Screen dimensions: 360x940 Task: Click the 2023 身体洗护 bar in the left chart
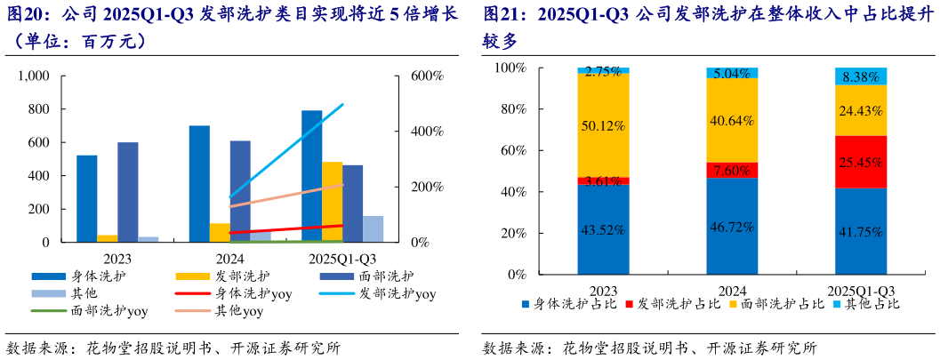[87, 198]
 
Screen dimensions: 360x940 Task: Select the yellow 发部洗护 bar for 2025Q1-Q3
[332, 202]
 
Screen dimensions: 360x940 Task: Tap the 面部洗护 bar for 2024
[240, 191]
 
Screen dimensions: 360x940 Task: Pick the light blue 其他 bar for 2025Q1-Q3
[373, 228]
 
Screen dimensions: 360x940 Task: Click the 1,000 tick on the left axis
[34, 76]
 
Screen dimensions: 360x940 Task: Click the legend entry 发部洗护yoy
[398, 293]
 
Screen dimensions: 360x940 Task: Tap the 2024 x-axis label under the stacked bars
[732, 289]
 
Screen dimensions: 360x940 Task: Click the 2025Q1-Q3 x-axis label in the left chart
[341, 259]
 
